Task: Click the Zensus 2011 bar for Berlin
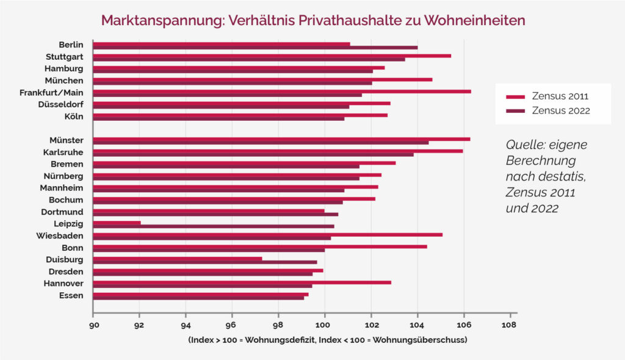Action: [221, 44]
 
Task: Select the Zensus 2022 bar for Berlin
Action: [255, 48]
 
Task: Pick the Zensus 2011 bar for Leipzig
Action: [117, 223]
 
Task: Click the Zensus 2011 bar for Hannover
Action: [242, 283]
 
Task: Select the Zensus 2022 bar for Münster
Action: [261, 143]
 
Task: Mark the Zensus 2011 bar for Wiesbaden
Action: [267, 234]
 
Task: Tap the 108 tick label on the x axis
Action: [510, 325]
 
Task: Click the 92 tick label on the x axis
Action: [139, 325]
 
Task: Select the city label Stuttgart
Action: [64, 57]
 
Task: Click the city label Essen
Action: [71, 295]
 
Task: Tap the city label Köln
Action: [73, 116]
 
